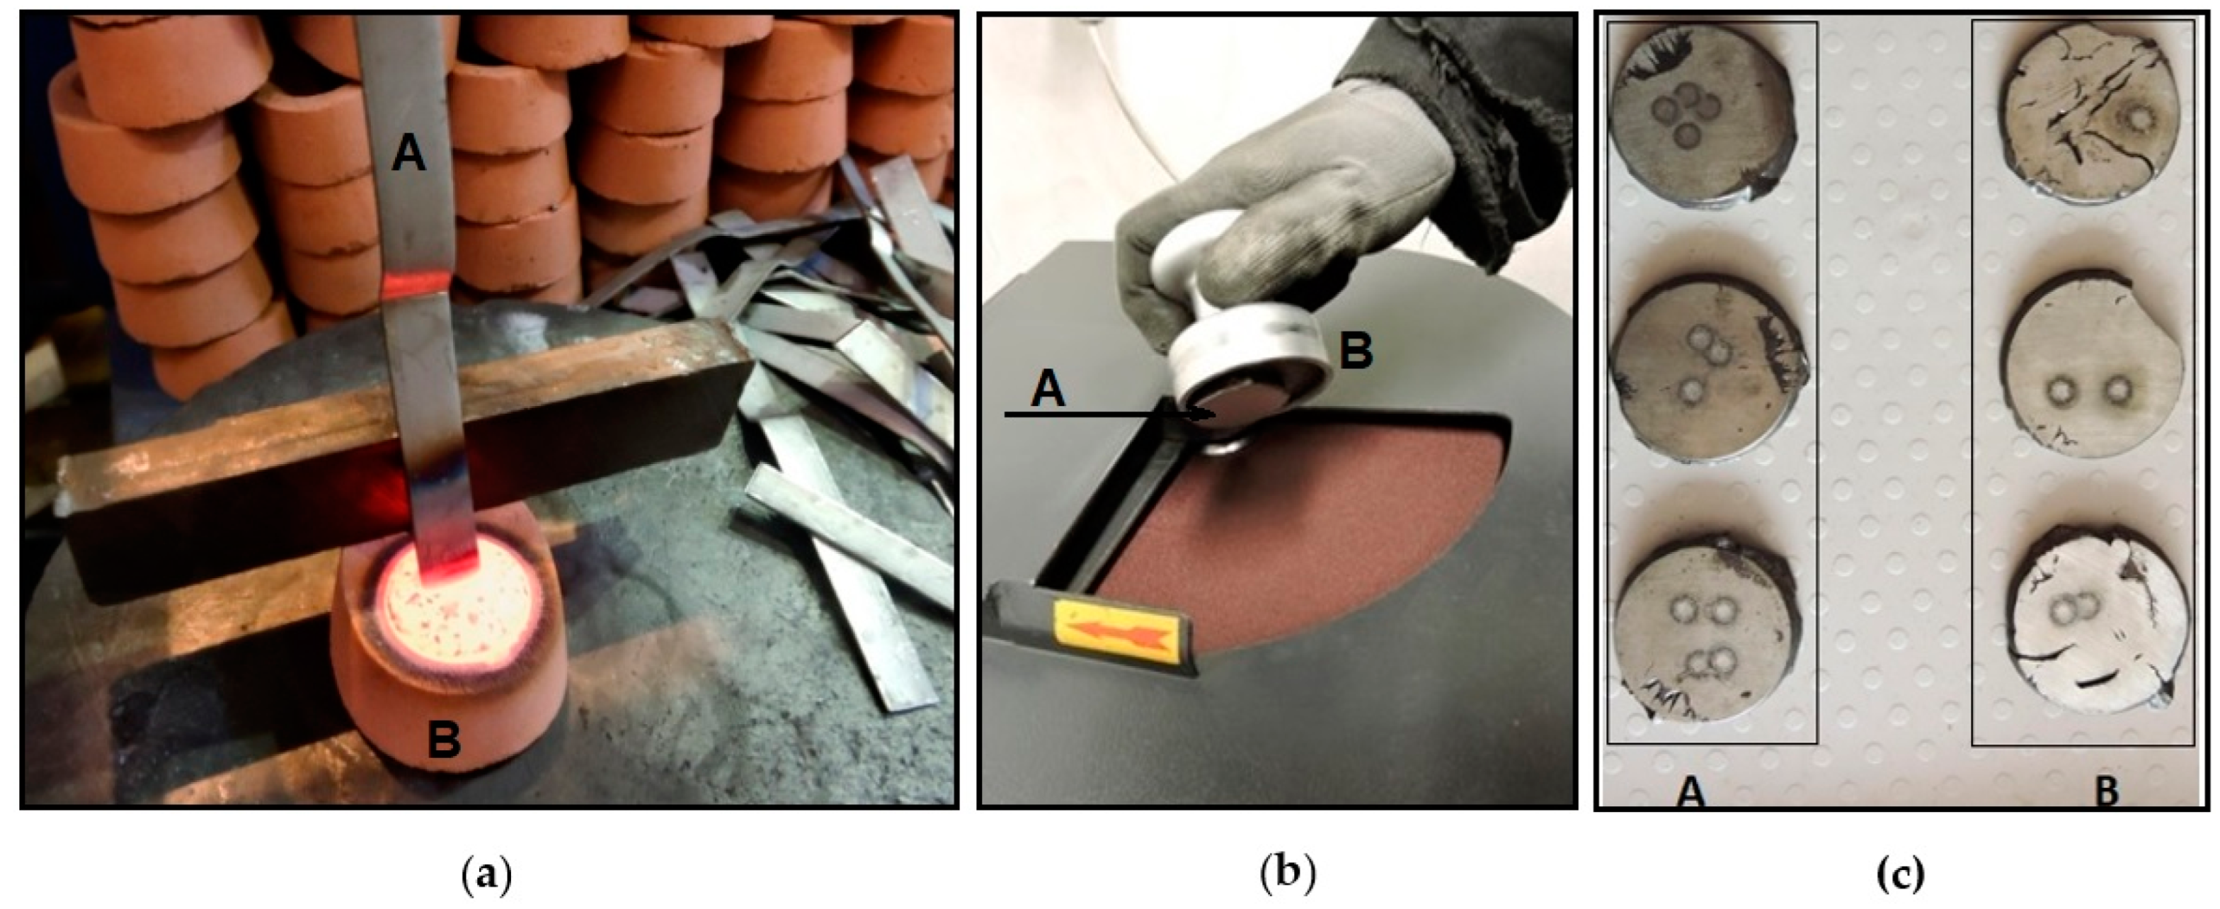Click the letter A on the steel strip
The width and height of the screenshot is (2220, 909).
(x=408, y=156)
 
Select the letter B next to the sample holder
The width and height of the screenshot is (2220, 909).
(x=1356, y=352)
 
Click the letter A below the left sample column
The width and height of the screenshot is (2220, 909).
(x=1691, y=791)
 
